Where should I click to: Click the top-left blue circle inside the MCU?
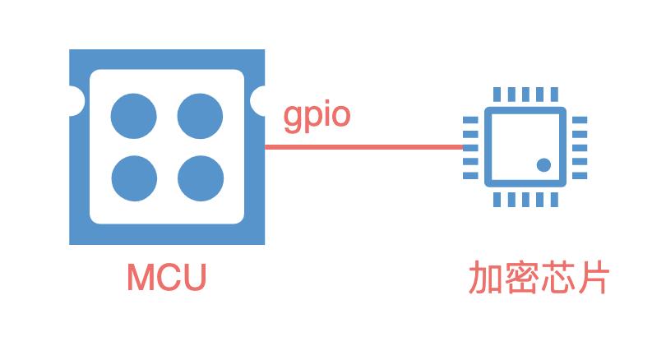[x=134, y=115]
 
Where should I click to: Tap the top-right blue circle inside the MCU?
[x=201, y=115]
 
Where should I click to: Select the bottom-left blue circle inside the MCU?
[x=134, y=178]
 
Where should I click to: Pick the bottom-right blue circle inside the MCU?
[x=201, y=178]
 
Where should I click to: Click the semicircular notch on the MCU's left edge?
[x=75, y=101]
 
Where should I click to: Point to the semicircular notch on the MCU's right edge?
[x=259, y=101]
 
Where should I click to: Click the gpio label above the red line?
[x=317, y=117]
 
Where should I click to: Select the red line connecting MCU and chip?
[x=362, y=147]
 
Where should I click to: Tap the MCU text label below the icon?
[x=166, y=279]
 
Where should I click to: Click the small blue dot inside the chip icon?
[x=543, y=164]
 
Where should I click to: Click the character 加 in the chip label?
[x=484, y=279]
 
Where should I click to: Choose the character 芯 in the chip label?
[x=555, y=279]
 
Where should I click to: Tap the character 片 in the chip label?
[x=591, y=279]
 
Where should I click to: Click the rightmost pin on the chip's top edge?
[x=557, y=95]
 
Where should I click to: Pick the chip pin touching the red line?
[x=471, y=147]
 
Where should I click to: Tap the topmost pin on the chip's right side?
[x=580, y=120]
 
